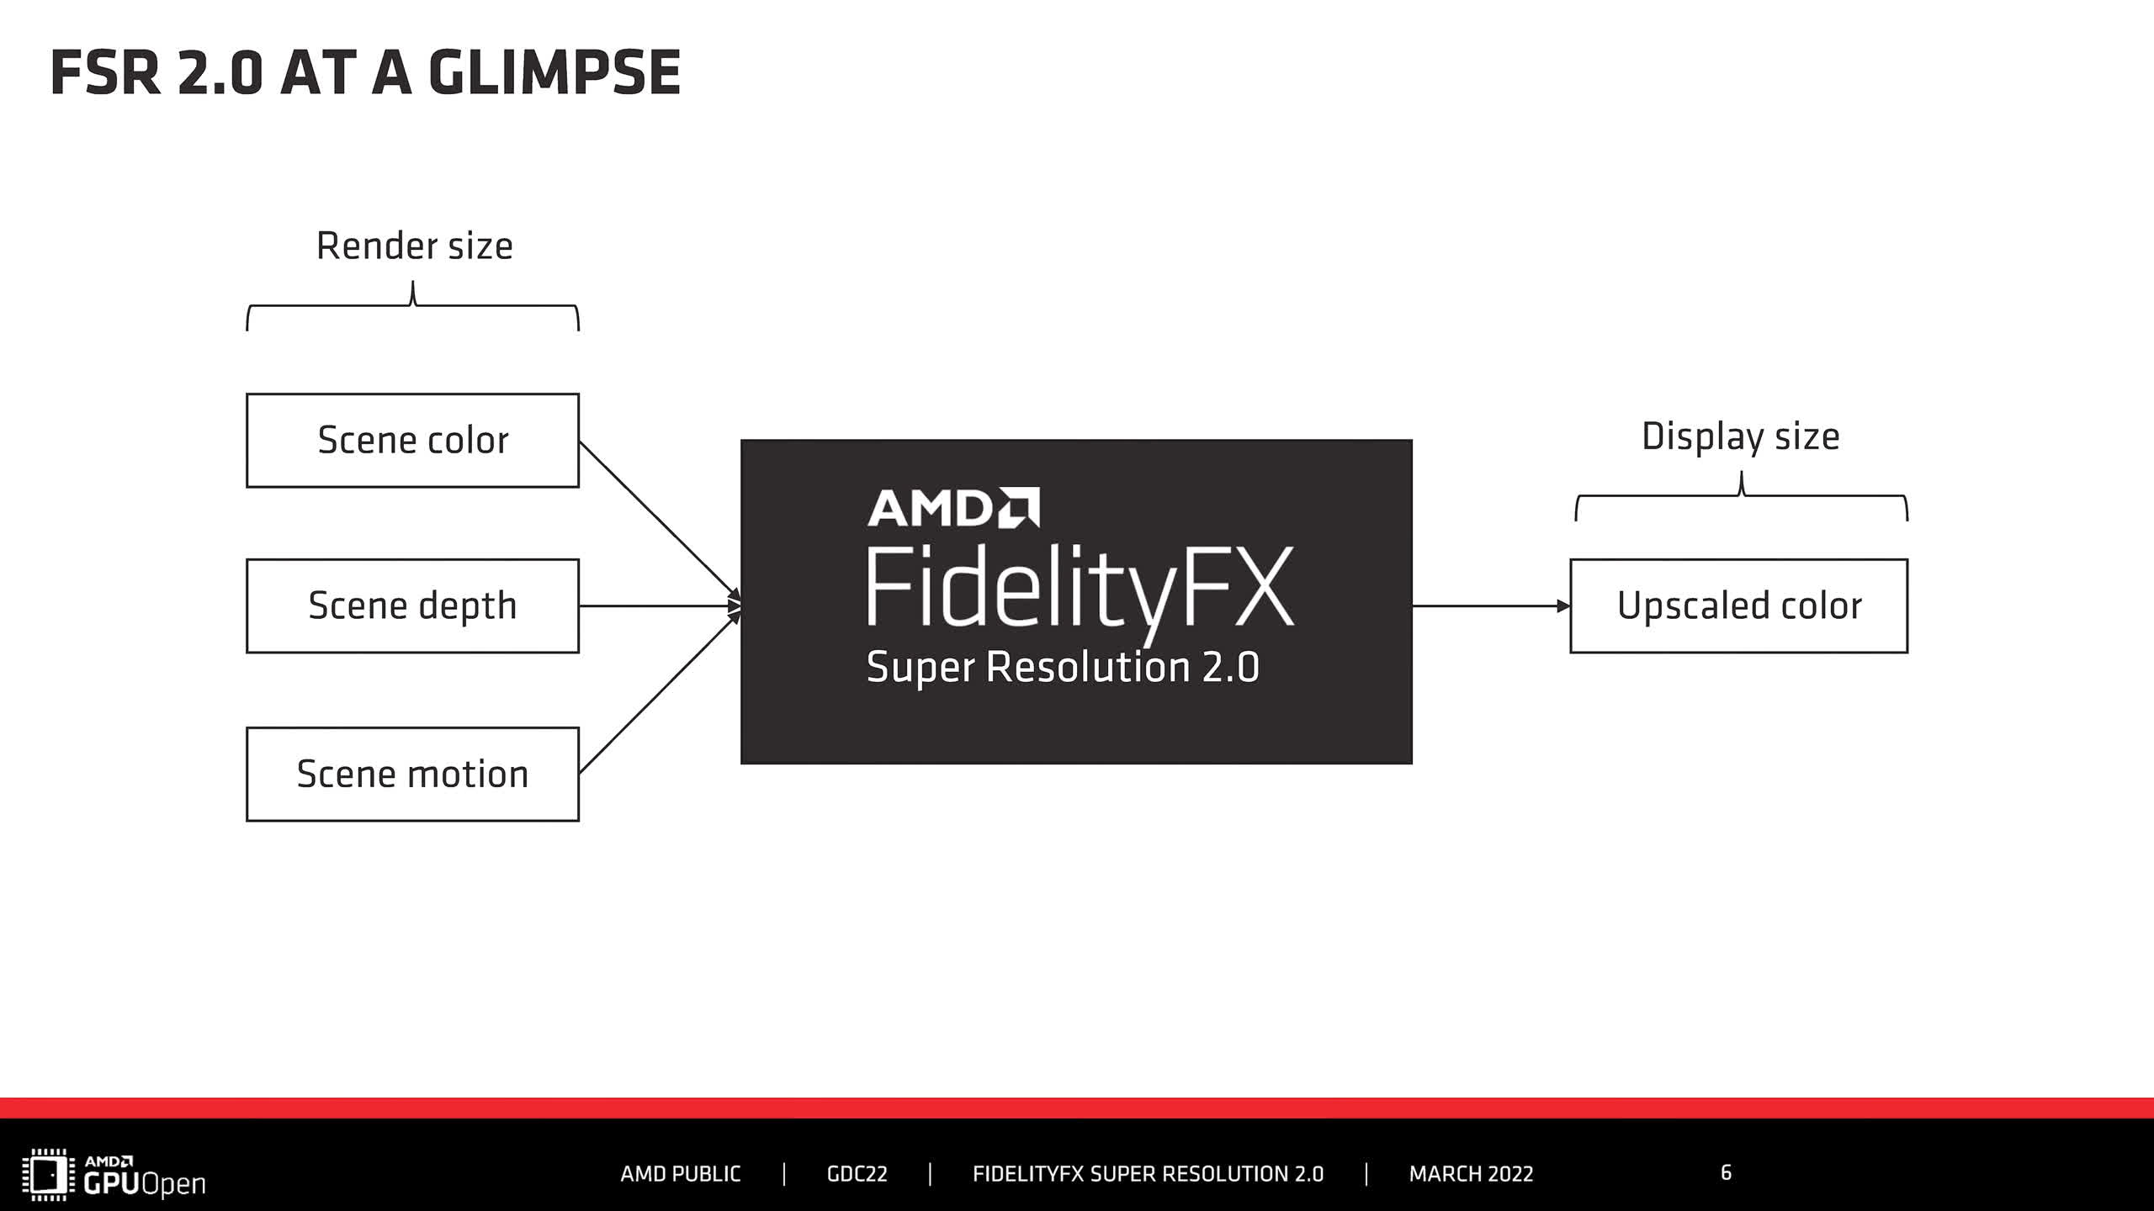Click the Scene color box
click(412, 441)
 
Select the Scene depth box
click(412, 605)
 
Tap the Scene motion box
click(412, 774)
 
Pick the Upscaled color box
click(1738, 605)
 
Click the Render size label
click(414, 246)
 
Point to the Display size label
click(1740, 436)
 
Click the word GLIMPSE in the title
click(554, 73)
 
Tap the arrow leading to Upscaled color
click(1489, 605)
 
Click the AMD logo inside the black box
click(953, 508)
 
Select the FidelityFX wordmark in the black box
click(1080, 589)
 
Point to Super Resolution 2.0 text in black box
click(1062, 668)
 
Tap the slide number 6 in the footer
click(1726, 1172)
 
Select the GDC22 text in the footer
click(857, 1174)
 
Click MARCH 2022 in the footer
click(1471, 1174)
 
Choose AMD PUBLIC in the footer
click(680, 1174)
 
